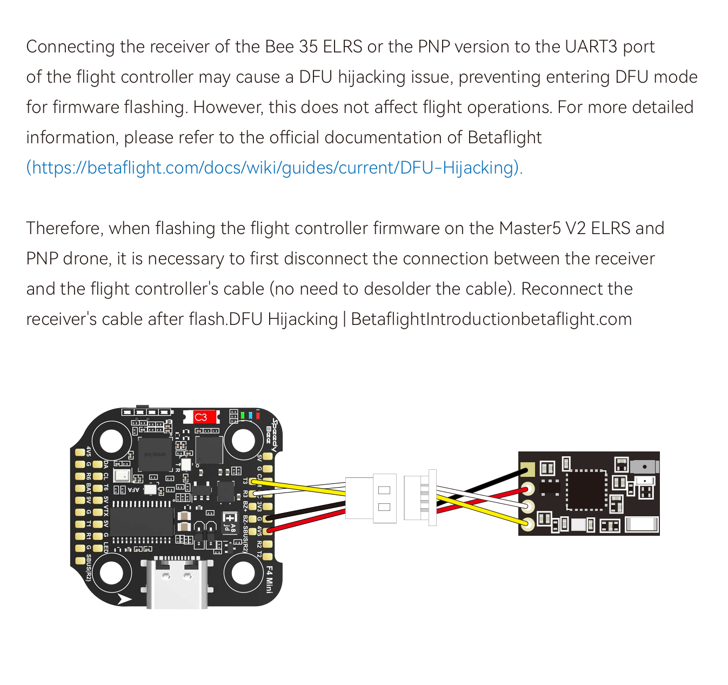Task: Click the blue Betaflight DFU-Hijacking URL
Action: tap(274, 168)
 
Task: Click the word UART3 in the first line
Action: tap(591, 47)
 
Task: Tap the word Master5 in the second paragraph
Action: tap(530, 229)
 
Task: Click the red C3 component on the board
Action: tap(201, 417)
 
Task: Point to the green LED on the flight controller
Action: tap(243, 415)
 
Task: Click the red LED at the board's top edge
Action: tap(258, 415)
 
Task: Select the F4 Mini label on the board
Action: tap(269, 579)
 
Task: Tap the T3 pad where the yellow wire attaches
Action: tap(253, 481)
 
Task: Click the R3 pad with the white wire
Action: tap(253, 493)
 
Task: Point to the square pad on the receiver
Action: tap(527, 469)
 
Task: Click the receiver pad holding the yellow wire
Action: tap(527, 523)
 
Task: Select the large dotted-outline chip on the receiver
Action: tap(586, 490)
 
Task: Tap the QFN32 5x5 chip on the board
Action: tap(155, 455)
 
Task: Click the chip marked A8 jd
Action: tap(230, 522)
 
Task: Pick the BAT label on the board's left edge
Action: tap(89, 490)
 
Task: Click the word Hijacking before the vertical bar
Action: tap(303, 320)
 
